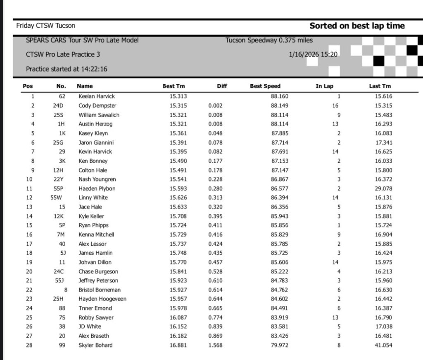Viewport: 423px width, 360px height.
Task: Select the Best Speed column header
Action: click(265, 86)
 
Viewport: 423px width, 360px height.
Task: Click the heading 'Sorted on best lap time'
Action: click(357, 26)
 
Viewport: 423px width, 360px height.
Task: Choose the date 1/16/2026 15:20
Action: click(315, 54)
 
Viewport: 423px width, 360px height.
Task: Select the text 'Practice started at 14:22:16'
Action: click(67, 69)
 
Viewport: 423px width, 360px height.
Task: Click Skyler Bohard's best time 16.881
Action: click(178, 345)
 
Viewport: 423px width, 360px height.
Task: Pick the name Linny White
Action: click(93, 198)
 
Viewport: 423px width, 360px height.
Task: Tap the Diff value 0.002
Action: click(216, 106)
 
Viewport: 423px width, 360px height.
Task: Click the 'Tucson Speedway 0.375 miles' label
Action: click(269, 40)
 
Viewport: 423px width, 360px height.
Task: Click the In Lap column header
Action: click(324, 86)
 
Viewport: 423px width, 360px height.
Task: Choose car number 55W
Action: click(56, 198)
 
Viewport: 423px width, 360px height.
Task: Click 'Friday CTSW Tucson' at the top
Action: click(46, 26)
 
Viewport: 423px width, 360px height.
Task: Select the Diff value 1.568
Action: click(216, 345)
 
